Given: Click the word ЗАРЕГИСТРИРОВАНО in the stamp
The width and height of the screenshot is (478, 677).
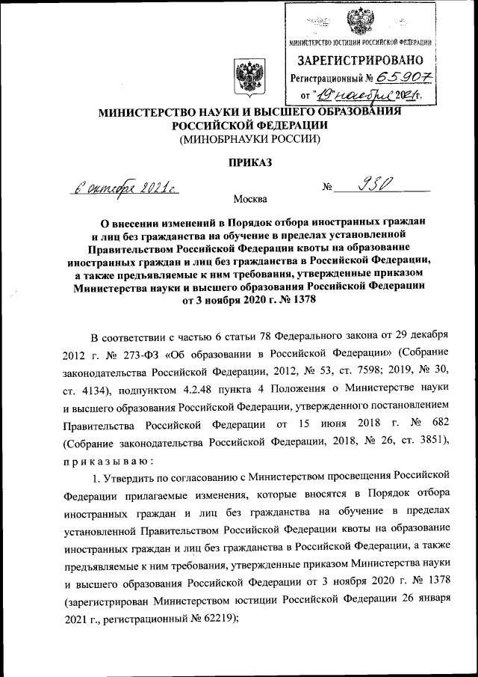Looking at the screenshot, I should [361, 60].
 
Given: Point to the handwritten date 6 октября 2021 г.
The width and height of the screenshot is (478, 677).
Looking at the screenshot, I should [128, 188].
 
